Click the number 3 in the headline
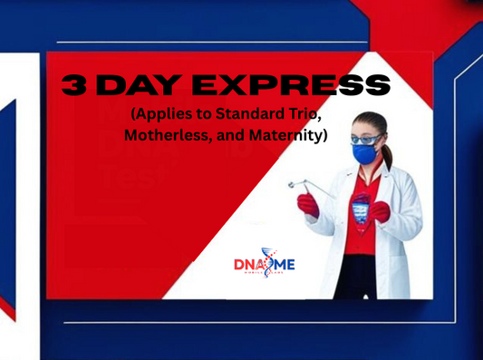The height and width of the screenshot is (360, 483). (x=73, y=85)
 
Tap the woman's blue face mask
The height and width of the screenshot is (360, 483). (x=363, y=155)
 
